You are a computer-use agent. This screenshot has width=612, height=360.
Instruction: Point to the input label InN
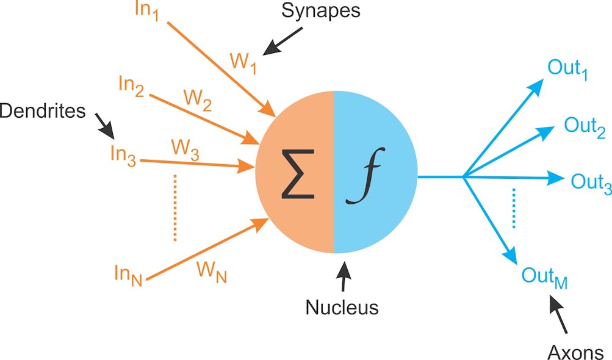[x=128, y=272]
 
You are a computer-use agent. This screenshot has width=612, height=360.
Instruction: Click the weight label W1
[x=243, y=62]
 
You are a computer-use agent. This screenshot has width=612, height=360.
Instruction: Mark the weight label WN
[x=211, y=272]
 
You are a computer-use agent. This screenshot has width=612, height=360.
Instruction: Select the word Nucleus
[x=342, y=306]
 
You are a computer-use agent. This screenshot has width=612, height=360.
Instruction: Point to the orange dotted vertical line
[x=175, y=207]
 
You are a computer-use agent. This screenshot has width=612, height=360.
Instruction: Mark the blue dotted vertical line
[x=514, y=207]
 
